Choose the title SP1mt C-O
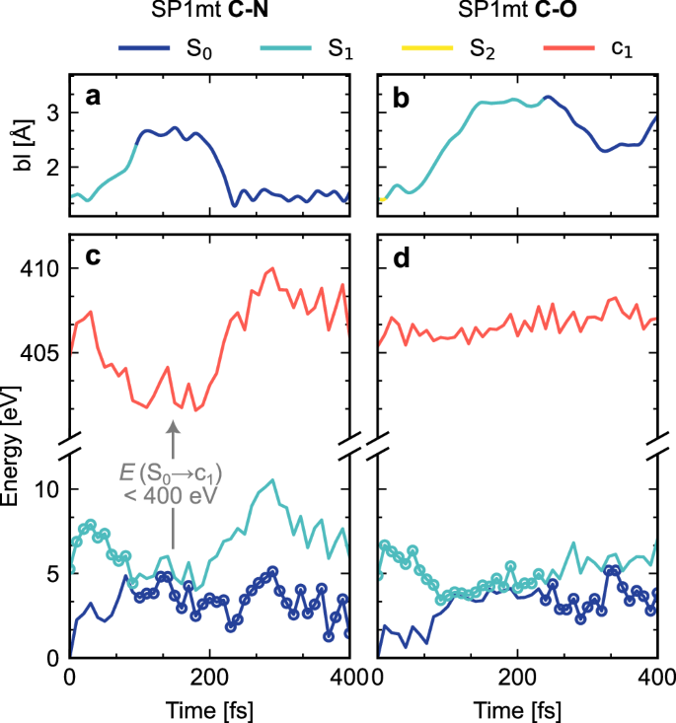coord(519,14)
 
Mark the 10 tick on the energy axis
coord(50,489)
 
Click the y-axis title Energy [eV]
coord(13,449)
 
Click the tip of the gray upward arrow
coord(173,423)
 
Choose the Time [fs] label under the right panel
coord(519,708)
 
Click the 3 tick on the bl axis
coord(55,113)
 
